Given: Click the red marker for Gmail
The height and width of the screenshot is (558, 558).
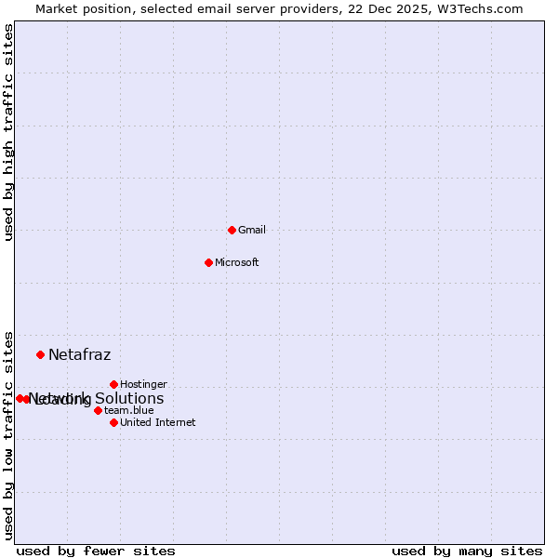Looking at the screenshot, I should click(232, 230).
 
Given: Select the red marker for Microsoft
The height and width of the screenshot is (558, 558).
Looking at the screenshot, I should click(208, 262).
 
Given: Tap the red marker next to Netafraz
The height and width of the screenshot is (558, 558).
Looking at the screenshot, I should click(40, 354).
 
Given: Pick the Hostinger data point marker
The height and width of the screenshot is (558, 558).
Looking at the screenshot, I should click(113, 384).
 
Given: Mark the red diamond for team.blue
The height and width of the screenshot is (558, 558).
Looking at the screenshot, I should click(98, 410).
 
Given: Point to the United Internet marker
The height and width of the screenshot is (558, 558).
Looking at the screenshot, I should click(113, 422).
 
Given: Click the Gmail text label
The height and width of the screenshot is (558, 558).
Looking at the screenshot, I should click(252, 230).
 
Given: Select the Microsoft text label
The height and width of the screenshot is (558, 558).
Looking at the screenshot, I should click(236, 262).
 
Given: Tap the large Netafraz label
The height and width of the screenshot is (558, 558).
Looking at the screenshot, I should click(79, 354).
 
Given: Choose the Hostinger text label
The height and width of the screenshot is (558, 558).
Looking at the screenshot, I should click(143, 384).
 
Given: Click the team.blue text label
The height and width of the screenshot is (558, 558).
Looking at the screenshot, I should click(128, 410).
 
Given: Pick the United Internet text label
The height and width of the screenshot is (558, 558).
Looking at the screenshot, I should click(157, 422).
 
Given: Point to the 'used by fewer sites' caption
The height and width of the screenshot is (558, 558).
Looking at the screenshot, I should click(96, 551).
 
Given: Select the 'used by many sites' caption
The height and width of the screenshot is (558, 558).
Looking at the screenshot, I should click(467, 551).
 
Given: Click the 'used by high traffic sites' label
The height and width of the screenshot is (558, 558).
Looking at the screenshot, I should click(8, 132).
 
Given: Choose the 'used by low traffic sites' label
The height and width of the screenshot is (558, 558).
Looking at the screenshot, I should click(8, 435).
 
